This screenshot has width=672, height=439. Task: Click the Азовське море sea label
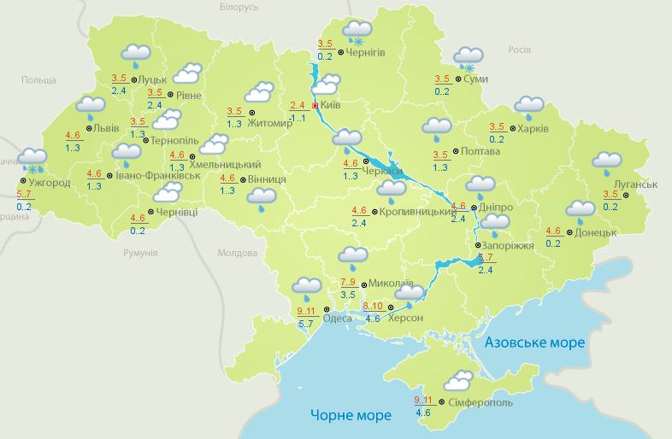(x=534, y=342)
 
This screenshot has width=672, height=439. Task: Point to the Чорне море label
(x=351, y=416)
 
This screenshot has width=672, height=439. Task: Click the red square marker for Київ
(x=315, y=106)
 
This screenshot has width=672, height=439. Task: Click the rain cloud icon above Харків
(x=528, y=107)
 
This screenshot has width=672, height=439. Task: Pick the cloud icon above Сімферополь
(x=458, y=379)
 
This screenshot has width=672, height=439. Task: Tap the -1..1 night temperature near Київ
(x=298, y=118)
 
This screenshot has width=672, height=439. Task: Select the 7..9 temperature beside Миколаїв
(x=349, y=283)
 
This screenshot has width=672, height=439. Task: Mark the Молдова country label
(x=237, y=254)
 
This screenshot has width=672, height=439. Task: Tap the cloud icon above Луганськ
(x=607, y=161)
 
